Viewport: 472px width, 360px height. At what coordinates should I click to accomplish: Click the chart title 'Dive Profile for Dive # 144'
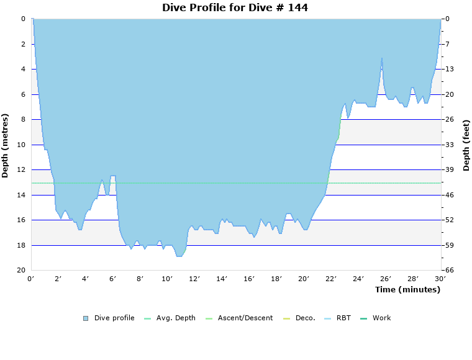[x=235, y=7]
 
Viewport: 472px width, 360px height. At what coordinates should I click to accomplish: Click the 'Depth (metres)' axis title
[x=6, y=145]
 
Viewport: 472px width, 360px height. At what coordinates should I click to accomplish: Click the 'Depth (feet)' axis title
[x=466, y=145]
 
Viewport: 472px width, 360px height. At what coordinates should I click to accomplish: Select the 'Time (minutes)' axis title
[x=407, y=290]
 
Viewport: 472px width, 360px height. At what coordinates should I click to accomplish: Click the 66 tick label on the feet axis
[x=450, y=271]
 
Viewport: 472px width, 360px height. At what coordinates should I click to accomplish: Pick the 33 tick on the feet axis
[x=450, y=145]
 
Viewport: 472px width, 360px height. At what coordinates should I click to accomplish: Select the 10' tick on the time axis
[x=167, y=279]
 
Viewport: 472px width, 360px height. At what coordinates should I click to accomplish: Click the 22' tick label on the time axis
[x=331, y=279]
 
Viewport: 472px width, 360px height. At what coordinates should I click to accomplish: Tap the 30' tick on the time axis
[x=440, y=279]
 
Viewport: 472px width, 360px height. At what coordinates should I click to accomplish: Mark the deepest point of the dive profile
[x=179, y=256]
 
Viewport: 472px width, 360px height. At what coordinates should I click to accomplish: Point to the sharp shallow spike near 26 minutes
[x=382, y=58]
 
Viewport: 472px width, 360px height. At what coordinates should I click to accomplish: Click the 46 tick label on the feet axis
[x=450, y=195]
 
